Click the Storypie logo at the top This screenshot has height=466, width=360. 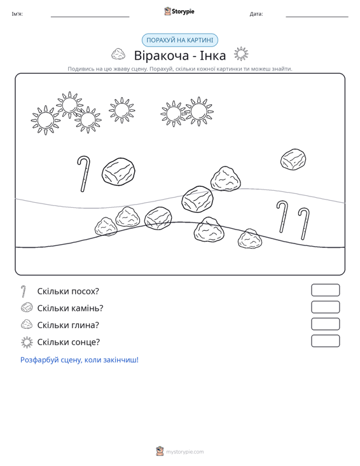click(179, 11)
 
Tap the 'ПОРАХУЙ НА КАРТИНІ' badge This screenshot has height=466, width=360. click(180, 40)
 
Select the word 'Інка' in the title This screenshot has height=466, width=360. click(212, 55)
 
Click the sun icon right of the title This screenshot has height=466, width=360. click(241, 54)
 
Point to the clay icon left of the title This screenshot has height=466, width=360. click(118, 54)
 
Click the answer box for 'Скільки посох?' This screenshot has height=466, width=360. click(325, 290)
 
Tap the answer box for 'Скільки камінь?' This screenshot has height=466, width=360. click(325, 307)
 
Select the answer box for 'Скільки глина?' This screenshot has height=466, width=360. click(325, 324)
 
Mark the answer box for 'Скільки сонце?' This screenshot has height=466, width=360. click(325, 341)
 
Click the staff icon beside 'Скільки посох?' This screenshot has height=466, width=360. click(24, 291)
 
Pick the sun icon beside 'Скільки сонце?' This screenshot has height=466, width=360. click(27, 343)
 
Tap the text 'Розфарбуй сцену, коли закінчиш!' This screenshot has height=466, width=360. click(80, 360)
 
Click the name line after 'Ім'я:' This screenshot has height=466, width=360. click(90, 17)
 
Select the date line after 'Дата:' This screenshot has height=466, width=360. click(317, 17)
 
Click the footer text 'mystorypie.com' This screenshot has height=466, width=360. click(185, 452)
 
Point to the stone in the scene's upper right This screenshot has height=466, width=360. click(293, 160)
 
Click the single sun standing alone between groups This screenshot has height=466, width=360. click(121, 110)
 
